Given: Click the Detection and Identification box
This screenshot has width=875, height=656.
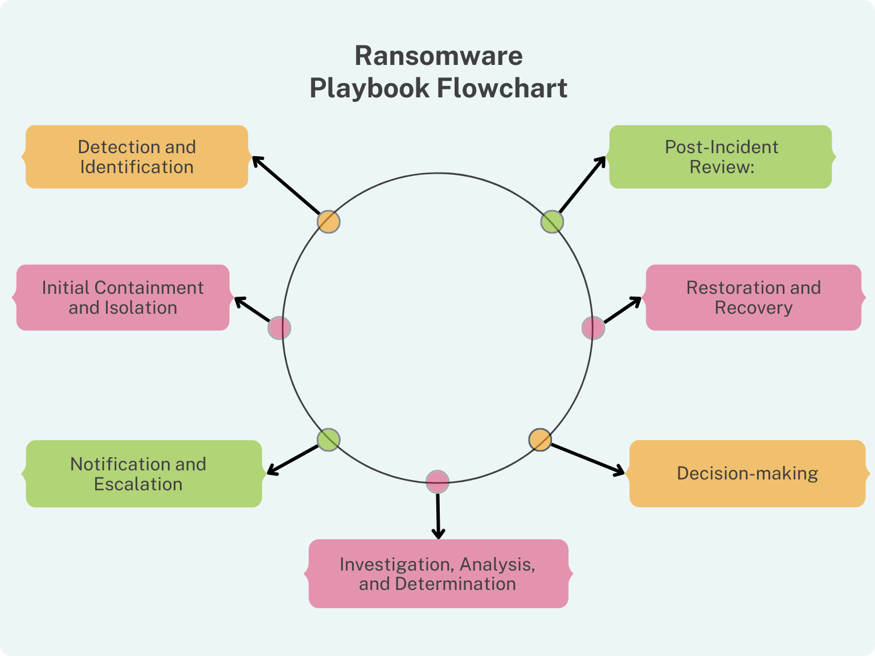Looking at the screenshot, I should pyautogui.click(x=137, y=157).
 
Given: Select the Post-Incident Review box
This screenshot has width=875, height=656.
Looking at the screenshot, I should pyautogui.click(x=721, y=157).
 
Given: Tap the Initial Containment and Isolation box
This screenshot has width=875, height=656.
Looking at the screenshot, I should pyautogui.click(x=123, y=297).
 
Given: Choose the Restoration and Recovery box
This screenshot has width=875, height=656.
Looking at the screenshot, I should pyautogui.click(x=753, y=297).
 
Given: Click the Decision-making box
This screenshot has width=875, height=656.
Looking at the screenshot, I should pyautogui.click(x=747, y=473).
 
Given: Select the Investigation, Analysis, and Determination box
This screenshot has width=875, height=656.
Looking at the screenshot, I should pyautogui.click(x=438, y=573).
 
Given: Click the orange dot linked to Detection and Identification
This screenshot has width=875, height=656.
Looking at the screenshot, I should pyautogui.click(x=329, y=222).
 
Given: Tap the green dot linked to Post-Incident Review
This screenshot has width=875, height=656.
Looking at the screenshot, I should pyautogui.click(x=552, y=222).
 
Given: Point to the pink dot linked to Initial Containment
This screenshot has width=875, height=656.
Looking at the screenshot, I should pyautogui.click(x=279, y=328).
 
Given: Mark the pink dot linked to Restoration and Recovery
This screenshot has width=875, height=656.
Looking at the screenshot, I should pyautogui.click(x=593, y=328).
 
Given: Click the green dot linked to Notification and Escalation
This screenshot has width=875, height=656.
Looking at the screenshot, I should pyautogui.click(x=329, y=440).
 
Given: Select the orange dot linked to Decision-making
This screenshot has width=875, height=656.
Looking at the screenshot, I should pyautogui.click(x=540, y=440).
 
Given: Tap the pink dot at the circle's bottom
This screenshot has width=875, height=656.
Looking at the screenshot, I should pyautogui.click(x=437, y=482).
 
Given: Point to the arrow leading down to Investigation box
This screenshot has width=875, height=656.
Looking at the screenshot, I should pyautogui.click(x=437, y=515).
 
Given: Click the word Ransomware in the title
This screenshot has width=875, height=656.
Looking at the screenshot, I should pyautogui.click(x=438, y=56).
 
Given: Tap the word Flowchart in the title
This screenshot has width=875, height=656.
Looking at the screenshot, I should pyautogui.click(x=502, y=88).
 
